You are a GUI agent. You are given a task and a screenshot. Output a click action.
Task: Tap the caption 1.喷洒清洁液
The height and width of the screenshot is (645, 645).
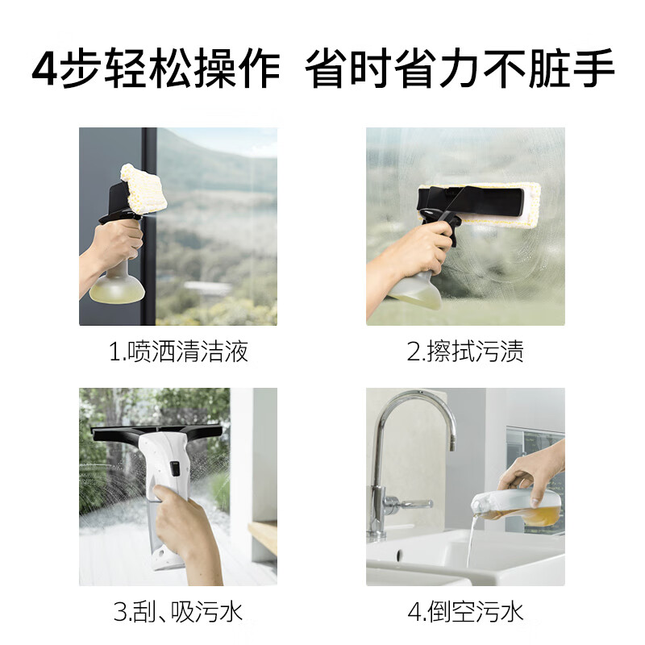pyautogui.click(x=178, y=352)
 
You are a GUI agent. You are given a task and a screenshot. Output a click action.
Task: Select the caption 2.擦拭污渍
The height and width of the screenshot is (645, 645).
pyautogui.click(x=465, y=352)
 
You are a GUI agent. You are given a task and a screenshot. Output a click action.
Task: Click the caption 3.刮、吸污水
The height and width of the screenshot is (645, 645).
pyautogui.click(x=178, y=612)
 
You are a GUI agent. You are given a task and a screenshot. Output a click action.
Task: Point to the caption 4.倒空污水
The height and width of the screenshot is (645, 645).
pyautogui.click(x=465, y=612)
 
